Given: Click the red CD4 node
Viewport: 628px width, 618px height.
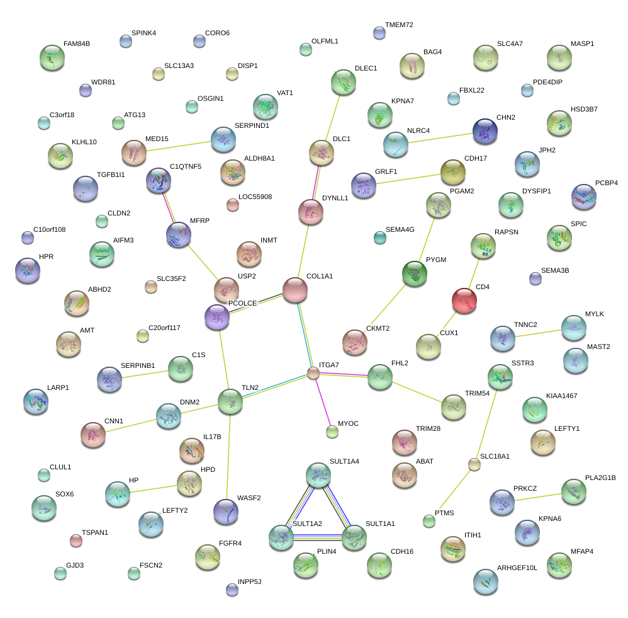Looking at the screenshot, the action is pos(464,300).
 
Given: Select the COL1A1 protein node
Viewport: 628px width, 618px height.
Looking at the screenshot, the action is pos(294,289).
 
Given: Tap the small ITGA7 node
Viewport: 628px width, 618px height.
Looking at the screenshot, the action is pos(313,373).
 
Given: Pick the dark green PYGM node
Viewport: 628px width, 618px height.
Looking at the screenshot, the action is pos(414,273).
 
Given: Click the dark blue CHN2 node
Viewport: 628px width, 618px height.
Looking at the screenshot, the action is pos(485,130).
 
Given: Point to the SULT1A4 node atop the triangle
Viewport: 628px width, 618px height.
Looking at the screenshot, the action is pos(318,474).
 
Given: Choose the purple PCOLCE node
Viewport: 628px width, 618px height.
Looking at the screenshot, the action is pos(217,316).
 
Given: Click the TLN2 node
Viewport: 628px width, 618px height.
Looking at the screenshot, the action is pos(230,401).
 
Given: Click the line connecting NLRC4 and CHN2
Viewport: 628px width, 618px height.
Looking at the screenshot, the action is pos(440,137).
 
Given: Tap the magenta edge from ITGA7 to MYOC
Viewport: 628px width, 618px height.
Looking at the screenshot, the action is pos(322,401).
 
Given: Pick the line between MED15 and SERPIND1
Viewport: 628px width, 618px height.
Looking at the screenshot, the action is pos(178,145).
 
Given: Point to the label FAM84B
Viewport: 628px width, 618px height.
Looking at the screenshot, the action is pos(77,45).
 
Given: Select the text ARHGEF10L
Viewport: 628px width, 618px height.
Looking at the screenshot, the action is pos(517,568).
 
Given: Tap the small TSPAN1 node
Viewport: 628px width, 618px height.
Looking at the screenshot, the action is pos(76,540).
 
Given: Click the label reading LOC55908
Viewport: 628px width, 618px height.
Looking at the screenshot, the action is pos(255,197).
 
